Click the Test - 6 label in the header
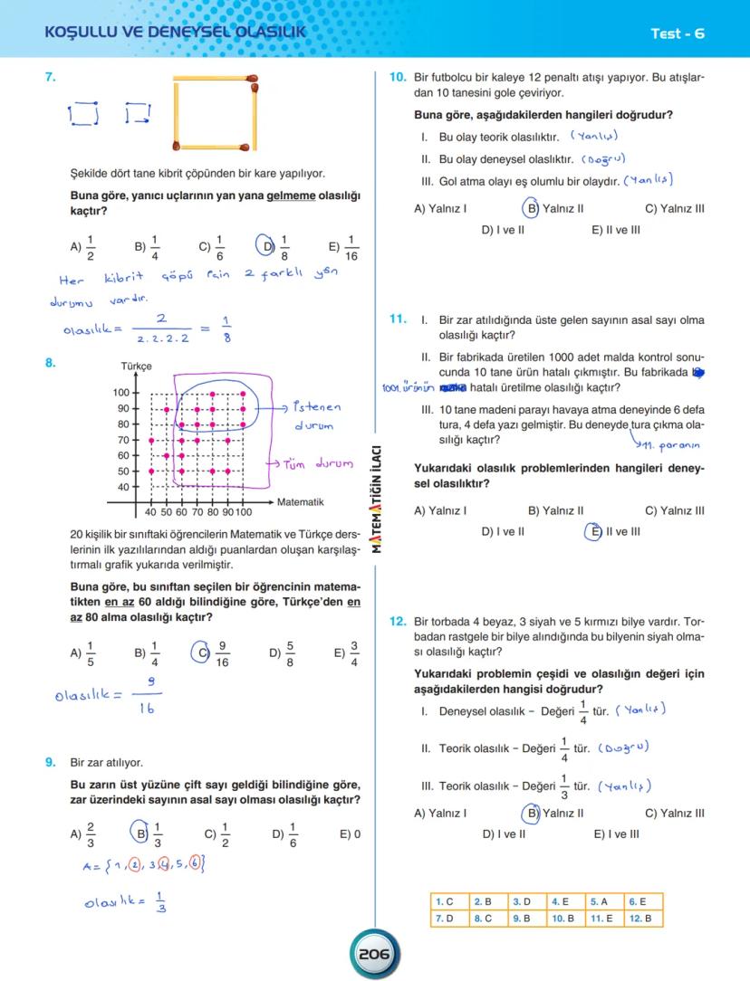[x=677, y=33]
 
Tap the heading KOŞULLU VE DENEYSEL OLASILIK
[x=175, y=33]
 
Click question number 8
[x=51, y=363]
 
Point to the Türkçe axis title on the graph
[x=136, y=367]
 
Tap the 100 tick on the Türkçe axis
[x=120, y=393]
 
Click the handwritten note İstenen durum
[x=317, y=416]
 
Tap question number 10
[x=398, y=78]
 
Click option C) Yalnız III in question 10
[x=675, y=209]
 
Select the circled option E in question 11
[x=594, y=531]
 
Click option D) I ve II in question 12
[x=503, y=834]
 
